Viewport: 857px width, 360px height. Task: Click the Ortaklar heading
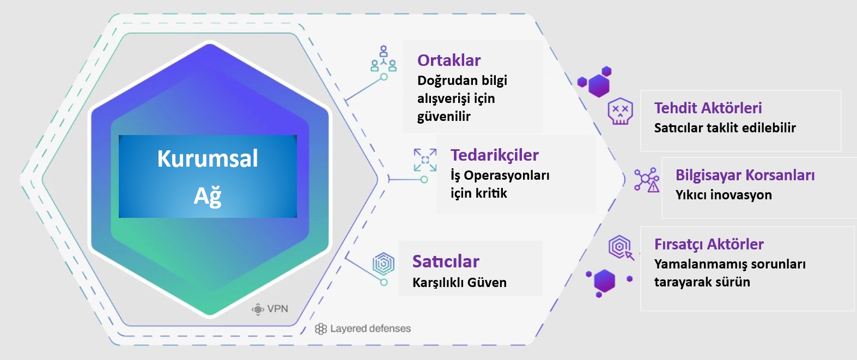(x=449, y=60)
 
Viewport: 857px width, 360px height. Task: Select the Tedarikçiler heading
(x=494, y=155)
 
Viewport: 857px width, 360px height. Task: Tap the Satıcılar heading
(x=446, y=261)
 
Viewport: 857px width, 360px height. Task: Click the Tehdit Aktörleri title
(x=708, y=108)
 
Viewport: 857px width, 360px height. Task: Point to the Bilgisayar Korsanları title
(x=745, y=175)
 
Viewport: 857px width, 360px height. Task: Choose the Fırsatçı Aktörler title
(x=709, y=245)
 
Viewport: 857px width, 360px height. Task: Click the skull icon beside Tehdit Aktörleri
(x=620, y=111)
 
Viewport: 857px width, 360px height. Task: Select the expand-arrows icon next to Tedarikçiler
(x=425, y=160)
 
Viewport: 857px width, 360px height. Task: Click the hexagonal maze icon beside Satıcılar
(x=384, y=264)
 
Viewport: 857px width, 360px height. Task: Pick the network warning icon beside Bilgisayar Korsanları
(x=647, y=179)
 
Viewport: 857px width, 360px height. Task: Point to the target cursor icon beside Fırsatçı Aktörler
(x=621, y=247)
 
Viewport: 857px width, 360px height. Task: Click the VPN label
(x=277, y=309)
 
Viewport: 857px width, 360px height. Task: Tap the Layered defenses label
(x=370, y=328)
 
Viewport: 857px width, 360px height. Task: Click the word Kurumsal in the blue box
(x=208, y=159)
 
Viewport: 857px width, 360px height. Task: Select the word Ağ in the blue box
(x=208, y=196)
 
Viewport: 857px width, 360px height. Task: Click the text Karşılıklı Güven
(x=459, y=283)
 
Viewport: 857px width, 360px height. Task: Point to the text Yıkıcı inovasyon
(x=724, y=195)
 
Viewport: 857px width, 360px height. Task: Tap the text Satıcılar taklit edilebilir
(x=725, y=128)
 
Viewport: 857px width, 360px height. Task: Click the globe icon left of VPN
(x=258, y=309)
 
